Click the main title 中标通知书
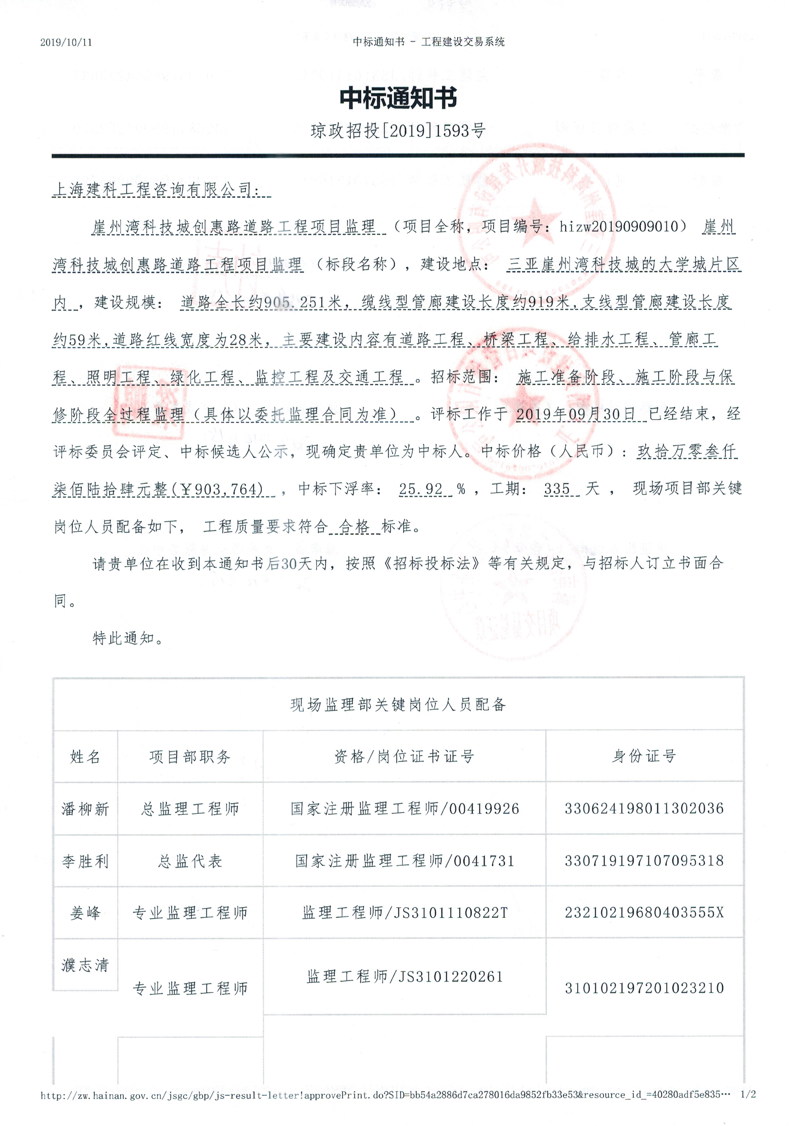coord(398,98)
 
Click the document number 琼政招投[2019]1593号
coord(398,131)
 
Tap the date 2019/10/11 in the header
coord(66,42)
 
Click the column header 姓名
coord(85,757)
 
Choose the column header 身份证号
coord(644,756)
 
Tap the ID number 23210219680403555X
coord(644,913)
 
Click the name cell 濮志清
coord(85,965)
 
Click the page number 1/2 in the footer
coord(748,1095)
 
